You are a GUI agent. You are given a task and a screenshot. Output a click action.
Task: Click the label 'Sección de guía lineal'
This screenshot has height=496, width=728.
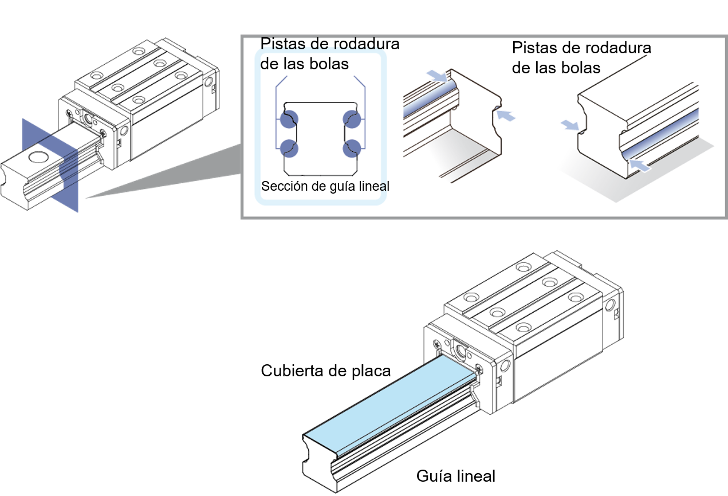(325, 186)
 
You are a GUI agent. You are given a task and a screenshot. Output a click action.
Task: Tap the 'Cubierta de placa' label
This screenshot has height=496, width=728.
(326, 371)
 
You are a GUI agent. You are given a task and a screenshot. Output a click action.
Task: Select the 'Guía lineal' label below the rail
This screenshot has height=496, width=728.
(456, 476)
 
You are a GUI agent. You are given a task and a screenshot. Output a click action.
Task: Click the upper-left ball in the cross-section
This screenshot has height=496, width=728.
(289, 119)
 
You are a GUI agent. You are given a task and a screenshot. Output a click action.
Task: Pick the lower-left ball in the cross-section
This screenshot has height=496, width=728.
(289, 148)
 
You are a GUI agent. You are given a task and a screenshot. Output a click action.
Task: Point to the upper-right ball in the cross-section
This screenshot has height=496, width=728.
(352, 119)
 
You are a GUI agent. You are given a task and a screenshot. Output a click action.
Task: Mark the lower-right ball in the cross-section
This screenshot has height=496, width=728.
(352, 148)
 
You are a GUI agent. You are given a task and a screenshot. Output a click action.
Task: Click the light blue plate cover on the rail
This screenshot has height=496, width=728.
(390, 405)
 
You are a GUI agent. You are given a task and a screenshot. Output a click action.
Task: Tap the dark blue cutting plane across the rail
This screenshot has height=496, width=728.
(50, 165)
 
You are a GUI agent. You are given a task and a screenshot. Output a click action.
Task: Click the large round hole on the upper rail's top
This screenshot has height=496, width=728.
(39, 158)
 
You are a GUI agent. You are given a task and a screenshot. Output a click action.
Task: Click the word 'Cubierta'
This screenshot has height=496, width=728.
(290, 371)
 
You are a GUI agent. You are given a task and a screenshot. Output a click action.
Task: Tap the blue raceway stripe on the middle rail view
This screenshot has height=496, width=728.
(430, 99)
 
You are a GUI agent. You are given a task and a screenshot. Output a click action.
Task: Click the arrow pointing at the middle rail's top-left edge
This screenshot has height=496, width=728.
(438, 76)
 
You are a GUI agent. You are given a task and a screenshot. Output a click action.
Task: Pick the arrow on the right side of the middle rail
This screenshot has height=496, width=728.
(506, 116)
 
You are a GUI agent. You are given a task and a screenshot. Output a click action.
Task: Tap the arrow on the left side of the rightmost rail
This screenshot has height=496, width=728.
(570, 125)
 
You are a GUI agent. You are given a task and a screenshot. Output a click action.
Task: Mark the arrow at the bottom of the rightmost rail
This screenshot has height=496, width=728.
(640, 165)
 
